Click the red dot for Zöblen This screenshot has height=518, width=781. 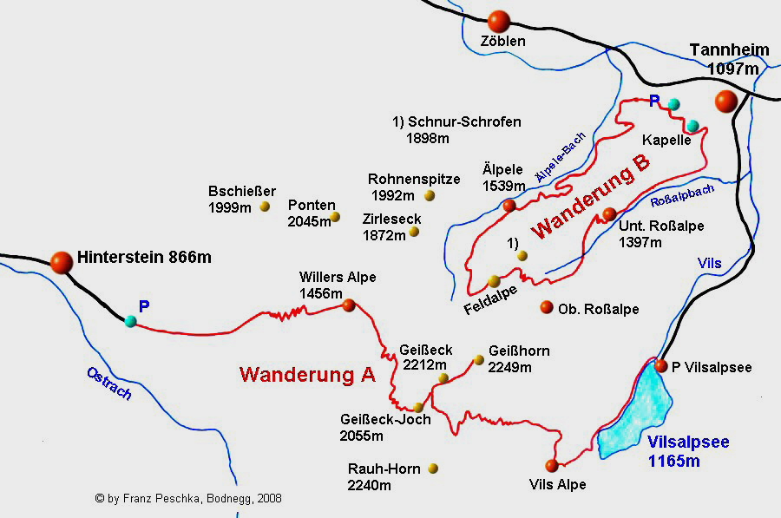(x=499, y=21)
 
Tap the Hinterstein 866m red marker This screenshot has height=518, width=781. (x=62, y=260)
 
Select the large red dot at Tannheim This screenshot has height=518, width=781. (x=726, y=102)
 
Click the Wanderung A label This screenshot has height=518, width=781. (x=307, y=375)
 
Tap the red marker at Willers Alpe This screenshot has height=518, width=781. (x=349, y=305)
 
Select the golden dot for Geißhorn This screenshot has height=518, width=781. (x=478, y=359)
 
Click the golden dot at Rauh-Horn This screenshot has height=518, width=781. (x=433, y=469)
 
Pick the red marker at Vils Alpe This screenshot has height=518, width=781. (x=551, y=465)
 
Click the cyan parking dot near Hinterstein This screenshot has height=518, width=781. (x=130, y=321)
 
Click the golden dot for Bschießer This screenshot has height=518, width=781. (x=265, y=207)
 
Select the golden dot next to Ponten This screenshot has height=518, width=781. (x=336, y=217)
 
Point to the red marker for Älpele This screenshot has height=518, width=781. (x=509, y=206)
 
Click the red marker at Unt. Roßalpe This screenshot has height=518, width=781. (x=609, y=213)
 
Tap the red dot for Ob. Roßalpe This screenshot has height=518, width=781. (x=547, y=307)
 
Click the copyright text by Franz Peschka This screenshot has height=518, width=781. (x=188, y=499)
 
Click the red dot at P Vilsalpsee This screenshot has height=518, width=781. (x=661, y=365)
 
